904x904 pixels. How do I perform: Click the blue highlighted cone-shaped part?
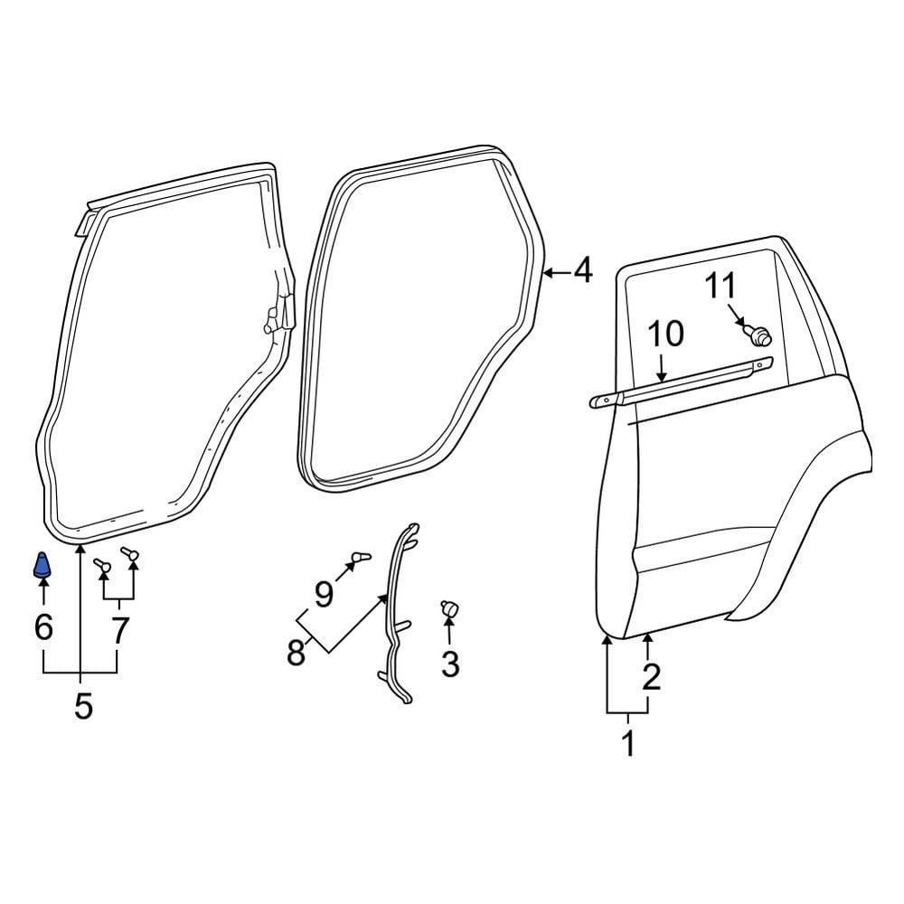coord(43,566)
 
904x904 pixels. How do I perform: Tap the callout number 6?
coord(43,626)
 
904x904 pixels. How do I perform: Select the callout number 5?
coord(83,706)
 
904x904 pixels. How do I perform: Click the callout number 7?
coord(119,630)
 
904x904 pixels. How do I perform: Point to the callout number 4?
coord(582,269)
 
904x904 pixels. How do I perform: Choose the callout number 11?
coord(721,287)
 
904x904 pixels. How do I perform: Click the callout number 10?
coord(666,334)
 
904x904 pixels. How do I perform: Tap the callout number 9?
coord(325,594)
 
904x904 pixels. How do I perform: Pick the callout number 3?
coord(449,664)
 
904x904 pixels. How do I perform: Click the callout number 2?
coord(651,675)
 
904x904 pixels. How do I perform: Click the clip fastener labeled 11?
coord(759,337)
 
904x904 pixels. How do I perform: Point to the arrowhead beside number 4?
coord(548,270)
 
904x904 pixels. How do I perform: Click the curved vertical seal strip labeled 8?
coord(395,615)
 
